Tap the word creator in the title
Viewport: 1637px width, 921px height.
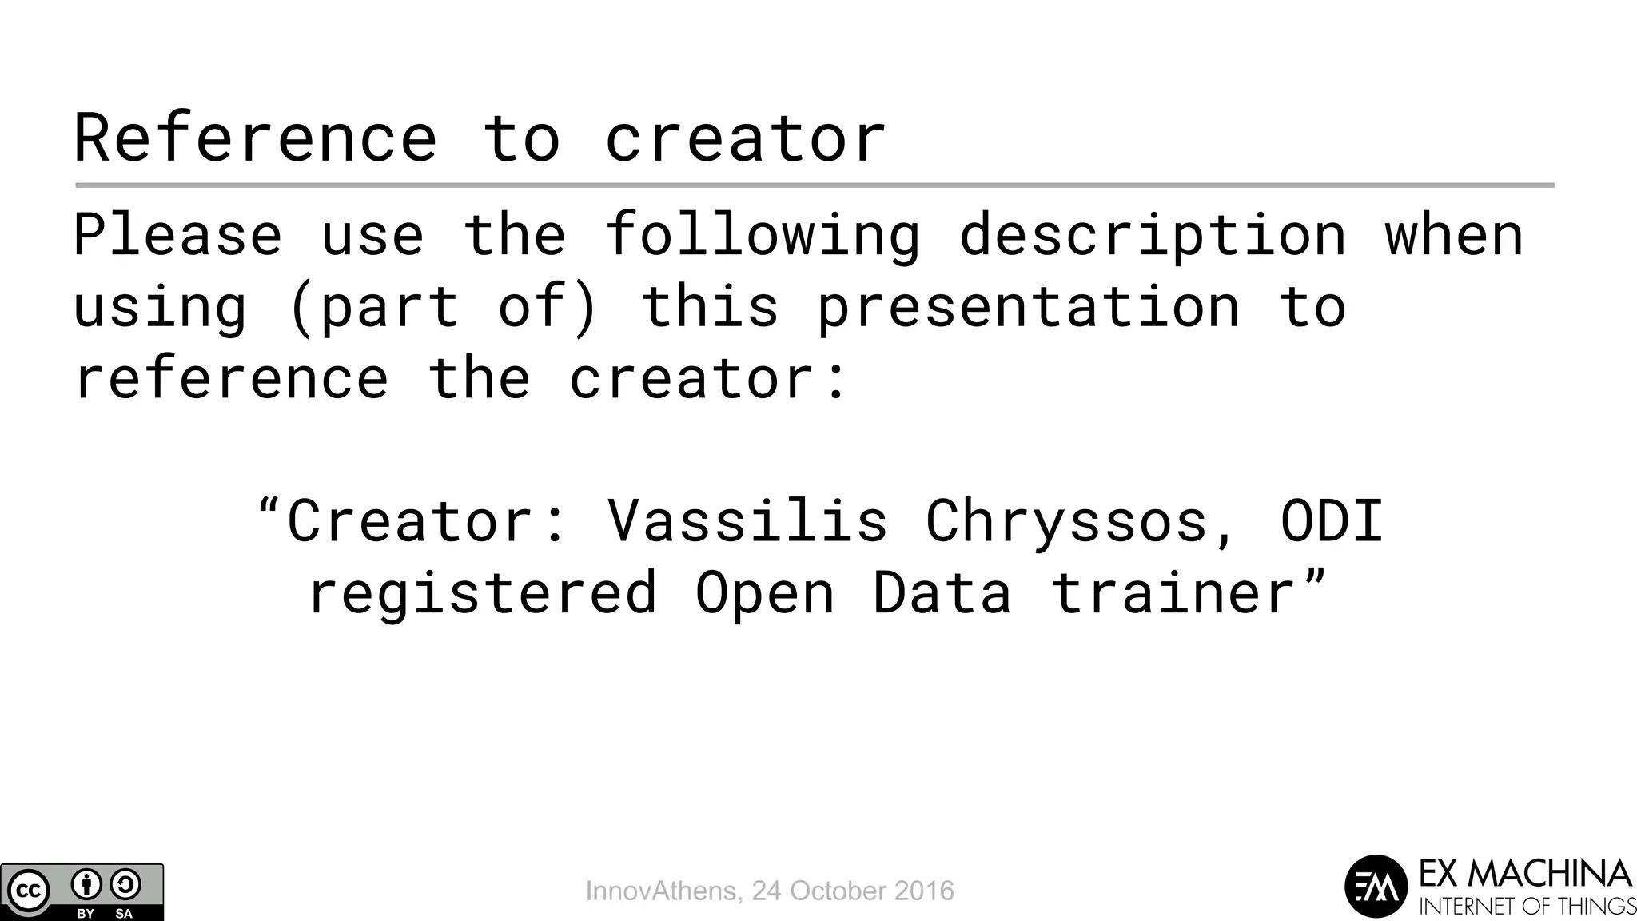click(x=745, y=138)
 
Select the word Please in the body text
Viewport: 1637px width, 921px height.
click(x=177, y=235)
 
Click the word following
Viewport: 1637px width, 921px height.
click(x=763, y=235)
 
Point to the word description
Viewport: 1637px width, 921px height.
click(x=1152, y=235)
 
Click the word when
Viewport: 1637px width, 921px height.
click(x=1453, y=235)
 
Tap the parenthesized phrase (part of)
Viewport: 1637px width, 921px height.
click(x=444, y=307)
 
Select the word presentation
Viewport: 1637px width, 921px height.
click(x=1028, y=307)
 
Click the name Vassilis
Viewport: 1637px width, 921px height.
click(x=747, y=521)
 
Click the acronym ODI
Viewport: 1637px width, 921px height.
click(x=1332, y=521)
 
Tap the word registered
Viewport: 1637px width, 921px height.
click(x=483, y=593)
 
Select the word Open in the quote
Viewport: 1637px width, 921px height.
click(x=764, y=593)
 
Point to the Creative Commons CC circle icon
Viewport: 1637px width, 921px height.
click(x=29, y=891)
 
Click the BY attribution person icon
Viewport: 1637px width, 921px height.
click(x=86, y=885)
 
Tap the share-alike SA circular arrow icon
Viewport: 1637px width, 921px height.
click(x=125, y=885)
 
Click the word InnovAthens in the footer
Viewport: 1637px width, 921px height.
click(x=661, y=891)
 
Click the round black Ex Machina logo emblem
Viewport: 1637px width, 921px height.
click(x=1376, y=887)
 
